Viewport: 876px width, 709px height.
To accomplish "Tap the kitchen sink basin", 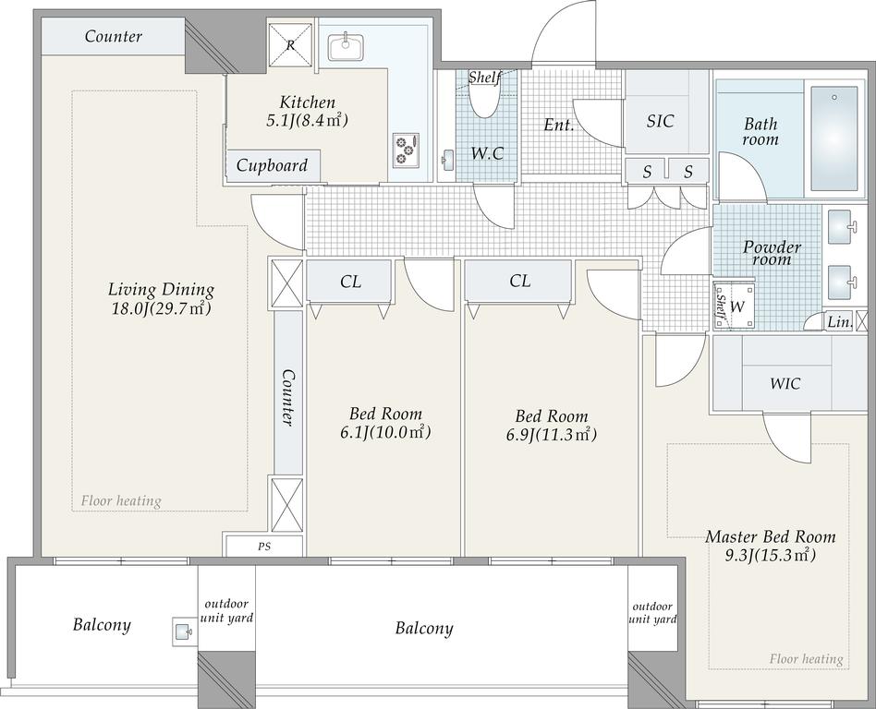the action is coord(346,47).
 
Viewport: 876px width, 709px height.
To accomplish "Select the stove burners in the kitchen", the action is coord(406,150).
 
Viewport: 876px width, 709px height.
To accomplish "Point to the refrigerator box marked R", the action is coord(290,44).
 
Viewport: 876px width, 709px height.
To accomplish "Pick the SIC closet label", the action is coord(660,121).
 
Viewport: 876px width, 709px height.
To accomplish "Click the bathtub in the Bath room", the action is coord(834,138).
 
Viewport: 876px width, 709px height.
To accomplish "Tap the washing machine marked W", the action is coord(735,306).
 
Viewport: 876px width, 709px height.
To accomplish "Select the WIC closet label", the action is coord(785,384).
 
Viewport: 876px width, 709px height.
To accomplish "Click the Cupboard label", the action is coord(272,165).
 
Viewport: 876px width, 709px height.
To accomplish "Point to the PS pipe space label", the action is coord(264,547).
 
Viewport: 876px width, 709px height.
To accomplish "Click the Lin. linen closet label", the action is coord(839,322).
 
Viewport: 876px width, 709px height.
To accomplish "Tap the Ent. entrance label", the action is coord(559,125).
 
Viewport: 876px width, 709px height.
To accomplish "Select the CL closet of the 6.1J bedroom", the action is coord(350,282).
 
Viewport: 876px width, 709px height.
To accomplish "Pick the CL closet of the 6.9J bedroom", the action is coord(519,281).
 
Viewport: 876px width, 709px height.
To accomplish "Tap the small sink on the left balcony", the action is coord(182,632).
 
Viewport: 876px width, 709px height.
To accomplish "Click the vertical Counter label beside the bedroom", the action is coord(287,398).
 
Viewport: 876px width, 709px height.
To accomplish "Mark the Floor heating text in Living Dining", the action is coord(121,500).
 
